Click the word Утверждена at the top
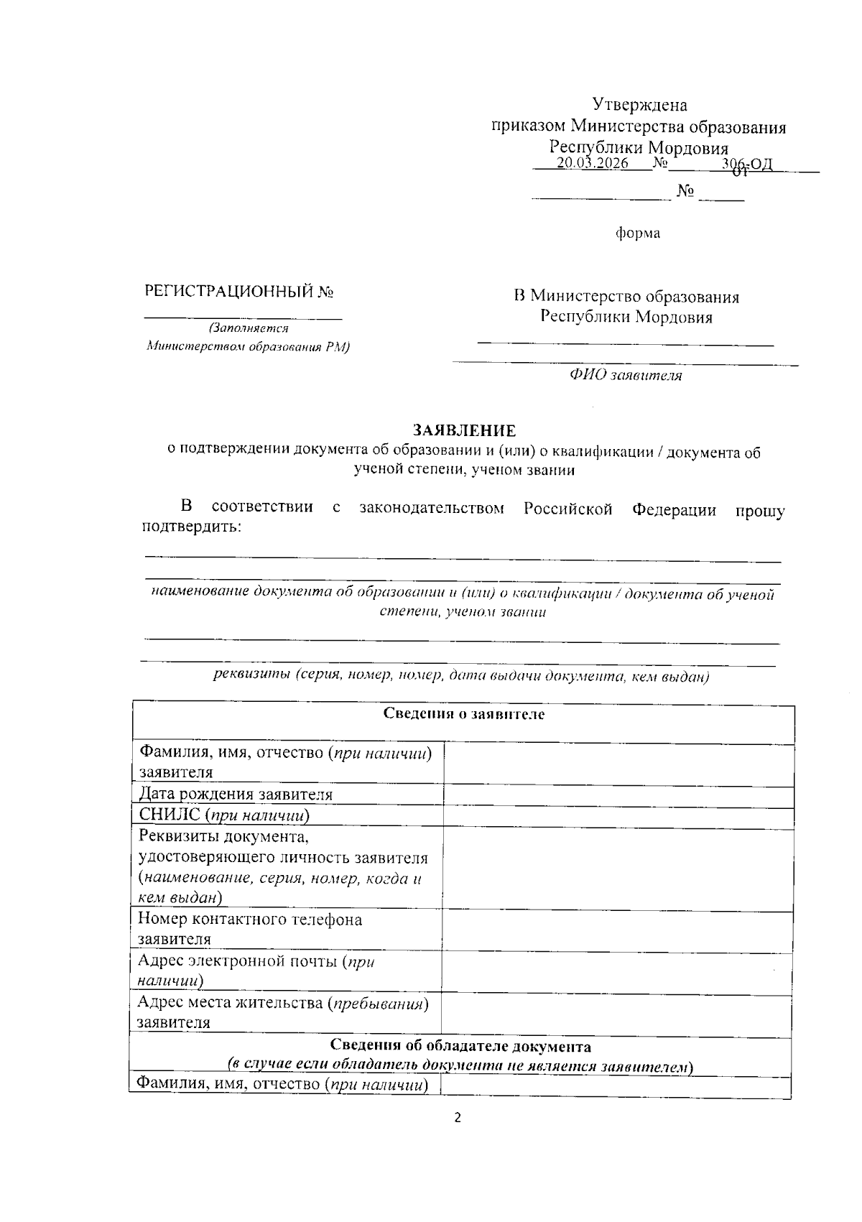pyautogui.click(x=639, y=105)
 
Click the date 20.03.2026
pyautogui.click(x=593, y=164)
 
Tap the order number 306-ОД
pyautogui.click(x=747, y=165)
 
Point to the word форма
pyautogui.click(x=638, y=233)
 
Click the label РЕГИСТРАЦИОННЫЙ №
pyautogui.click(x=238, y=292)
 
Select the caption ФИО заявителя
pyautogui.click(x=626, y=375)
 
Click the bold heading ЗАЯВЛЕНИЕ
pyautogui.click(x=464, y=430)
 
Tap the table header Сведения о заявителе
pyautogui.click(x=463, y=714)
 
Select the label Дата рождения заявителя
pyautogui.click(x=236, y=795)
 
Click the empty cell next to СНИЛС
pyautogui.click(x=618, y=816)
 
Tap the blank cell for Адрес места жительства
pyautogui.click(x=618, y=1012)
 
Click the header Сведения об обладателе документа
pyautogui.click(x=460, y=1046)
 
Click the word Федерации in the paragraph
pyautogui.click(x=674, y=509)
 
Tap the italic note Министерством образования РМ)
pyautogui.click(x=247, y=348)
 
